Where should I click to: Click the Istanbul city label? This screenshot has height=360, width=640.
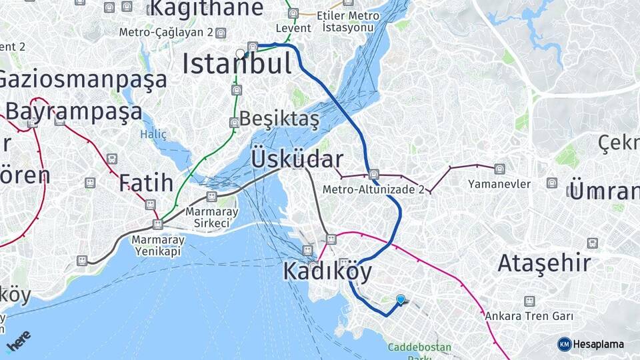pos(237,65)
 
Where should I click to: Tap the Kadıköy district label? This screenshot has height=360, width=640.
pos(327,271)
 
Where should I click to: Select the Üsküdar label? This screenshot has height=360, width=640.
pos(297,160)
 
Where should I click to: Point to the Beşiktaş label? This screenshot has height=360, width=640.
pos(279,119)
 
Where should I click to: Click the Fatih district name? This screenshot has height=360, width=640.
pos(147,183)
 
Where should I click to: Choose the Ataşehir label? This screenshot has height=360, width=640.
pos(544,263)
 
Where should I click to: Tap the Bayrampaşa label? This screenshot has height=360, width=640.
pos(73,111)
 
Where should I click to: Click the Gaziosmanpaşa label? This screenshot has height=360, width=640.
pos(81,80)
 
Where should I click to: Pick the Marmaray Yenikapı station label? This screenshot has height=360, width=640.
pos(159,245)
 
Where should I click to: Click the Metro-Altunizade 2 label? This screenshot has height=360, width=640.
pos(373,189)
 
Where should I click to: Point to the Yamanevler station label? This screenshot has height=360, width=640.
pos(499,184)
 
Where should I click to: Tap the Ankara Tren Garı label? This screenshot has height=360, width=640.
pos(529,316)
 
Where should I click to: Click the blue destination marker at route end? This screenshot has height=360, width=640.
pos(400,300)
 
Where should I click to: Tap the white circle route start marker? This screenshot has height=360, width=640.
pos(240,53)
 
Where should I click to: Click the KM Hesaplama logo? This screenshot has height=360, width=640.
pos(591,344)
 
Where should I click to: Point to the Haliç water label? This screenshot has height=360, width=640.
pos(153,135)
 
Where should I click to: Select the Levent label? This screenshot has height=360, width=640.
pos(293,28)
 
